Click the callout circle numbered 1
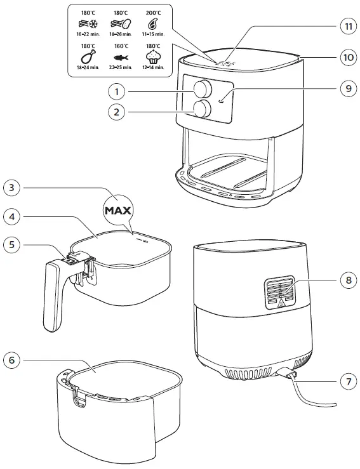click(x=117, y=92)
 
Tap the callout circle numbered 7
click(x=349, y=381)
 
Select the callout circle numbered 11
click(x=349, y=26)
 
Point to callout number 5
click(x=11, y=245)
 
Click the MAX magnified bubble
click(x=118, y=210)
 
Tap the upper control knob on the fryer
click(x=203, y=89)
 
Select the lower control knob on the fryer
click(x=203, y=109)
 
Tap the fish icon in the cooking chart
click(x=121, y=57)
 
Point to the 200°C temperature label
click(x=153, y=13)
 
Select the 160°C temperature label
click(x=121, y=46)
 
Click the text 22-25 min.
click(x=121, y=68)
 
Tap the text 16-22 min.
click(x=88, y=34)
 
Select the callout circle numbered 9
click(x=349, y=89)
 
